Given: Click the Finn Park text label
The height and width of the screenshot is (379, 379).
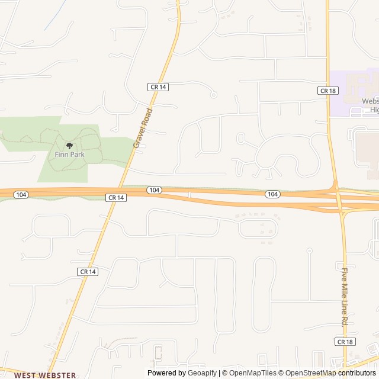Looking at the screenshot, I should (70, 155).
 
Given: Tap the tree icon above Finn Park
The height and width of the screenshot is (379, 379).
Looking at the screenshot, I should (70, 145).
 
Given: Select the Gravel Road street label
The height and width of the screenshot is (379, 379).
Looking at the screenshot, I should (143, 128).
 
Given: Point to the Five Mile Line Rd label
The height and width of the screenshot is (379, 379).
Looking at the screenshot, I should (344, 296).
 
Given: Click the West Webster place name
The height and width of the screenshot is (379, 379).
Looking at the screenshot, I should (45, 375).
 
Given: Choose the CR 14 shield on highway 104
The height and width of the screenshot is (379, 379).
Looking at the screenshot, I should (116, 197).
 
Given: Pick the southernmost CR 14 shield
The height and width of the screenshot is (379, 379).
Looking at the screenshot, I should (87, 271).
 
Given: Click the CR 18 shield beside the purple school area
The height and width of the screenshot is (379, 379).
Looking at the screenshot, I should (327, 90).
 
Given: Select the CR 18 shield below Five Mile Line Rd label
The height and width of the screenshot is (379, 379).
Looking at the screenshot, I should (345, 342).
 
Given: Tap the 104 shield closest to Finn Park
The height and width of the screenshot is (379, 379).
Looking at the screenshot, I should (21, 194).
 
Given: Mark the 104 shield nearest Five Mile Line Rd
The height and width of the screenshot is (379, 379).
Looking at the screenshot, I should (272, 194).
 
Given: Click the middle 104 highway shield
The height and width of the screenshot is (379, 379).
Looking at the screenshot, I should (154, 189).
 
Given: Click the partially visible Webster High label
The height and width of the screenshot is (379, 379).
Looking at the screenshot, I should (371, 105).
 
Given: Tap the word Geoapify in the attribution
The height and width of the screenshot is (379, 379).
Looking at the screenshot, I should (203, 373).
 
